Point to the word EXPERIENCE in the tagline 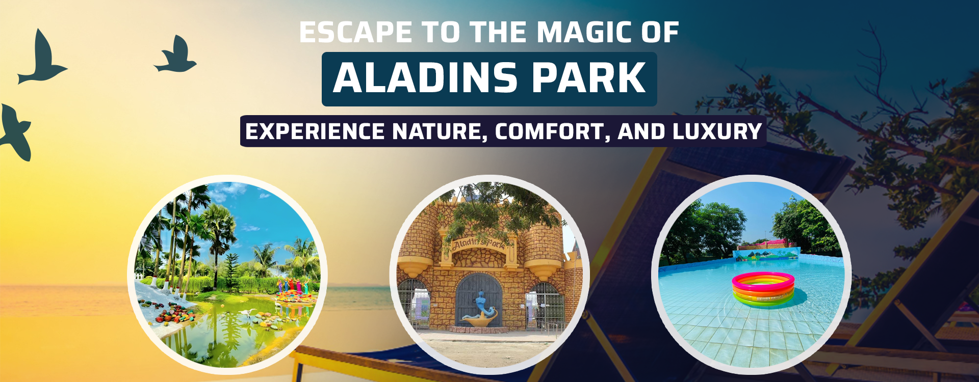point(315,131)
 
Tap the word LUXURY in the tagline point(717,131)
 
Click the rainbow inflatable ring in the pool point(763,289)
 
